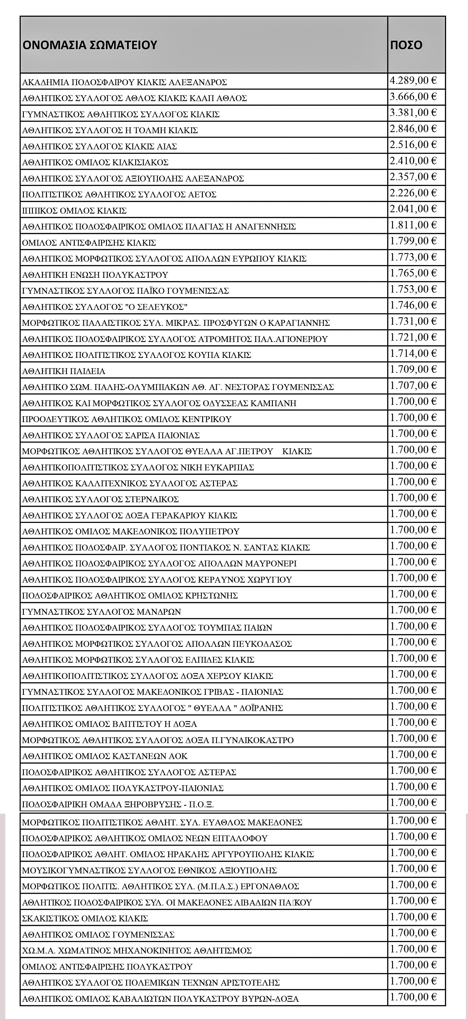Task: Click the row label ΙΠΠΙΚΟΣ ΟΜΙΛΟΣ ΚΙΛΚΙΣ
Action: click(x=74, y=210)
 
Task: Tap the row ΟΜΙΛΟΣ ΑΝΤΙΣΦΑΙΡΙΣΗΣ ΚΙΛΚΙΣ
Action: click(x=89, y=242)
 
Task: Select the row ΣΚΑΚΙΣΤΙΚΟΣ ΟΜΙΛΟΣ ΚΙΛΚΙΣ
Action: click(x=85, y=918)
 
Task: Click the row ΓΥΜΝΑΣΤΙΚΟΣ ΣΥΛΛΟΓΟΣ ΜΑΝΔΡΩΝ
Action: click(x=102, y=612)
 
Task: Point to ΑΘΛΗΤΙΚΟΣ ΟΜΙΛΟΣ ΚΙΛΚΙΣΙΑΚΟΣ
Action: click(x=95, y=162)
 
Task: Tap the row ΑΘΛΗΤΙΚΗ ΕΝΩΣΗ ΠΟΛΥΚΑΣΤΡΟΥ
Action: click(x=95, y=275)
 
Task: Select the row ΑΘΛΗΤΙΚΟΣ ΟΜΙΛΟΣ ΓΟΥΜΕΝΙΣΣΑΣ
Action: click(x=98, y=934)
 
